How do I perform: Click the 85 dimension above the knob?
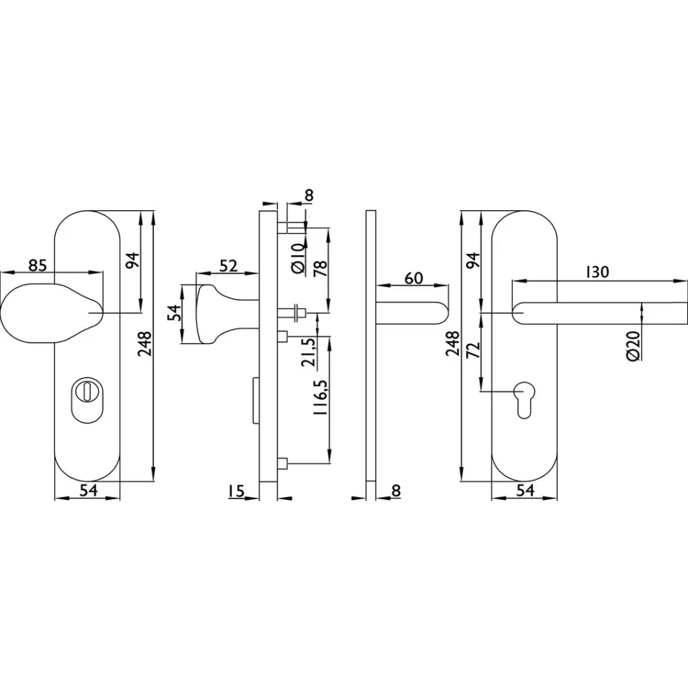tap(37, 265)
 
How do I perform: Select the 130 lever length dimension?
tap(598, 272)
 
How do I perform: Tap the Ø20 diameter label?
tap(633, 346)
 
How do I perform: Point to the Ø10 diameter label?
tap(298, 258)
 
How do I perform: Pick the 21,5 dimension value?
tap(309, 353)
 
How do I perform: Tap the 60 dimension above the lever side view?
tap(414, 278)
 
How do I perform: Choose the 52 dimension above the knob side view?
tap(228, 266)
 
